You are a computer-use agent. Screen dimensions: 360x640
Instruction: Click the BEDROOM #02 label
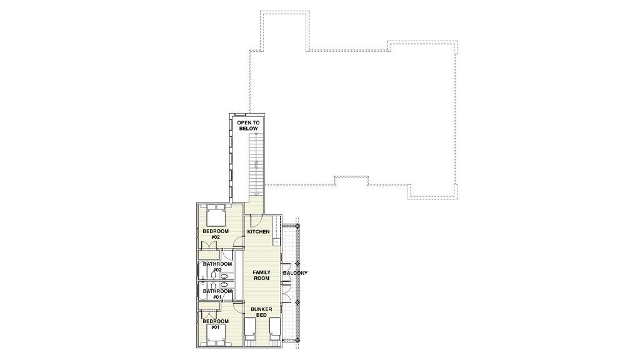pos(216,234)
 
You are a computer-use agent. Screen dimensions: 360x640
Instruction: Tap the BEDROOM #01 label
pos(216,324)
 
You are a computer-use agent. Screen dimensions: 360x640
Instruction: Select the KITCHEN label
pos(258,232)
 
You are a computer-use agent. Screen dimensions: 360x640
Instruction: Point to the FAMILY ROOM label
pos(261,275)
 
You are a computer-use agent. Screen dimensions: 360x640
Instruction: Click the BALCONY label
pos(295,273)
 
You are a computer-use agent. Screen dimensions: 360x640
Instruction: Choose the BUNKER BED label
pos(261,312)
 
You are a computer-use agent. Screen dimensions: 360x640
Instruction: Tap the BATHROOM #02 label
pos(217,267)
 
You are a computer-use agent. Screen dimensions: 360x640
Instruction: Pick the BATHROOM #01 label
pos(217,293)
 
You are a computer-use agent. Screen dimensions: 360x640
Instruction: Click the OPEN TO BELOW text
pos(247,125)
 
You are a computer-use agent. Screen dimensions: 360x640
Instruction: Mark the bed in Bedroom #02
pos(216,216)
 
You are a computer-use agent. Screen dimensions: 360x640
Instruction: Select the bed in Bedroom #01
pos(216,335)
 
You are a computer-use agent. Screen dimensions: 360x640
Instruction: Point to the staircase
pos(256,162)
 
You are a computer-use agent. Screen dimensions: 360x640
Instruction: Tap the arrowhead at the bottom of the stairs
pos(256,133)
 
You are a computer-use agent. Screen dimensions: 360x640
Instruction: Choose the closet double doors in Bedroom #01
pos(209,307)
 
